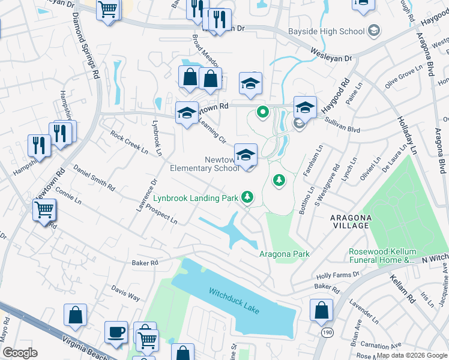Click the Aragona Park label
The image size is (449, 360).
284,254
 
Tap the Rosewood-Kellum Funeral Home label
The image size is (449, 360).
382,256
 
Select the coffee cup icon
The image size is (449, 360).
116,332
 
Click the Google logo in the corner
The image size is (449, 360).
19,352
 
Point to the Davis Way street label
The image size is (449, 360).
125,293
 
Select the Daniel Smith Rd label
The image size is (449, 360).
94,178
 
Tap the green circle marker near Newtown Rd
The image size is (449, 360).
262,112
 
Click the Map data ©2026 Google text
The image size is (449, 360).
411,355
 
